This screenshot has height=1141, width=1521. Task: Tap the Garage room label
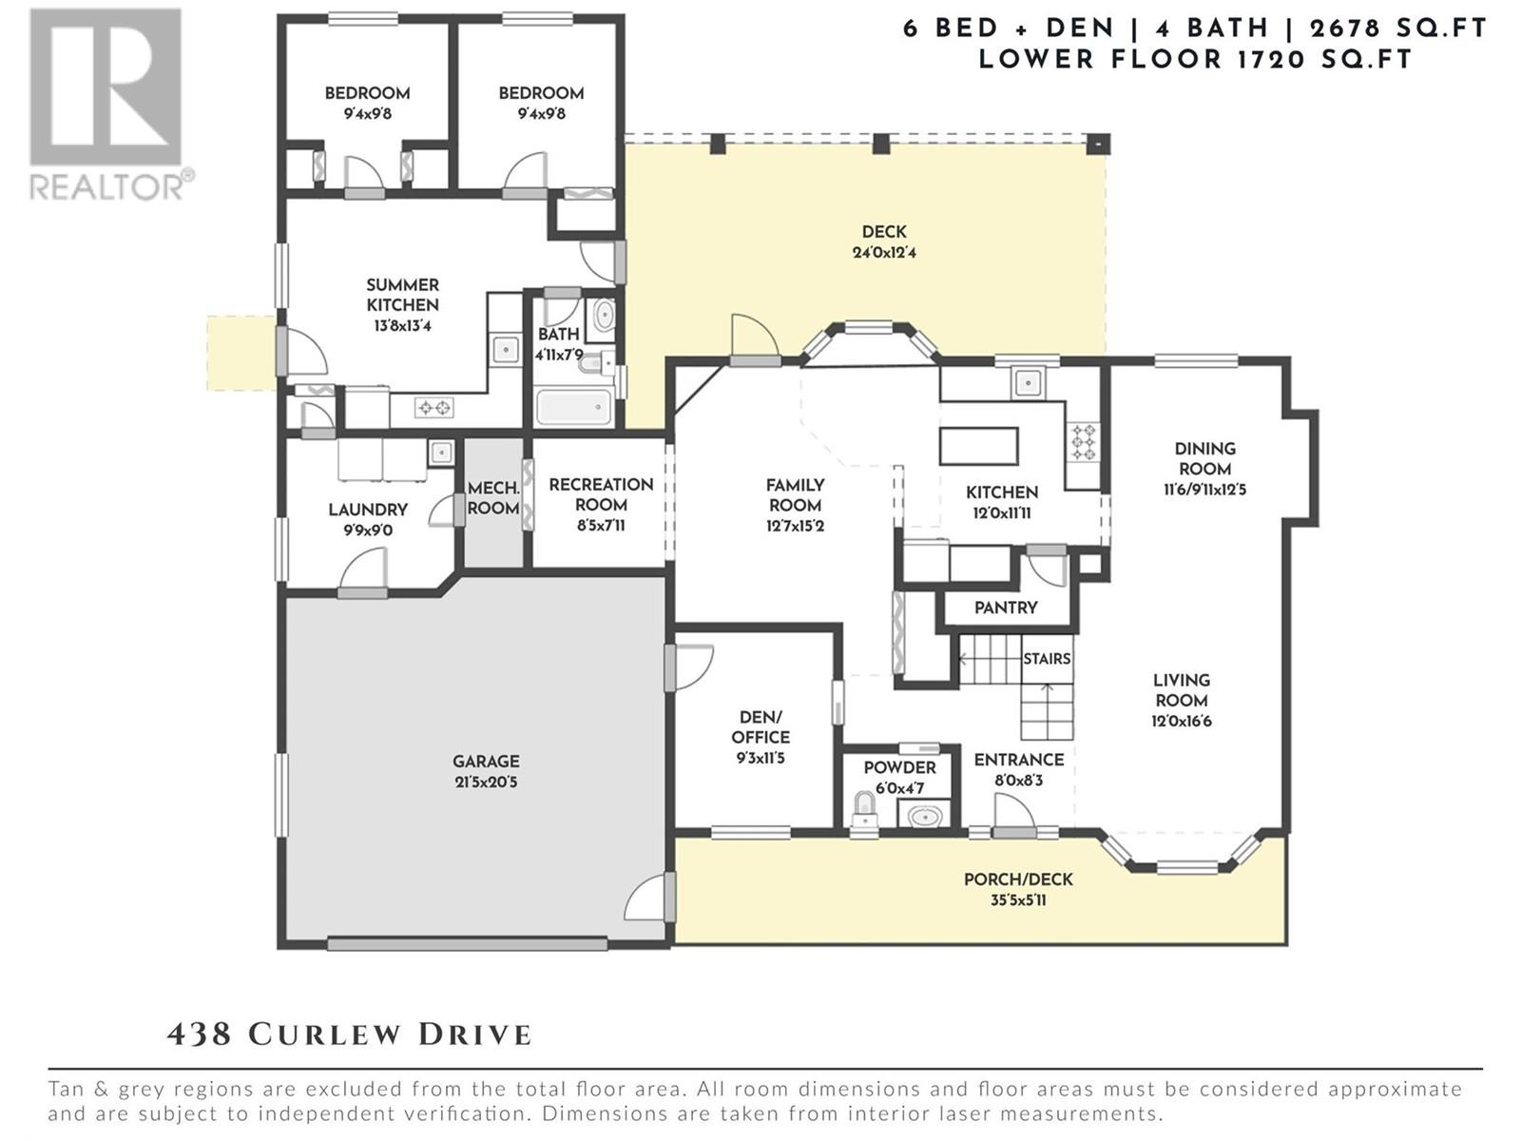click(486, 762)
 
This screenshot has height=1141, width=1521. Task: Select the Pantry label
click(1006, 608)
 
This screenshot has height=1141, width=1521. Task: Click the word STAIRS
click(1047, 658)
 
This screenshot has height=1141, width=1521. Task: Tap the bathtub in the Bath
click(574, 407)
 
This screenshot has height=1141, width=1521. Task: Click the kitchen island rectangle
click(978, 445)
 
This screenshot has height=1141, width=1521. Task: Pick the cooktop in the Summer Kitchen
click(434, 407)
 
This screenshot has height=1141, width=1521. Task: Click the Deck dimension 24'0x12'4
click(884, 253)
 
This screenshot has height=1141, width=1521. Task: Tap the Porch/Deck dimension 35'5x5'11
click(1018, 900)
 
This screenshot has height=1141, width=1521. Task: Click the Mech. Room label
click(492, 498)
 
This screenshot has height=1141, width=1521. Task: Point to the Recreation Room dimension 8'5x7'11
click(601, 526)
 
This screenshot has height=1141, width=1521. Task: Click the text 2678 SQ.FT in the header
click(1398, 29)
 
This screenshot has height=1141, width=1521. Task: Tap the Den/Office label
click(760, 726)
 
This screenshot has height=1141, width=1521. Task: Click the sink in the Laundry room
click(441, 454)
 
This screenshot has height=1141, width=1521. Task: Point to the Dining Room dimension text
click(1204, 490)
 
